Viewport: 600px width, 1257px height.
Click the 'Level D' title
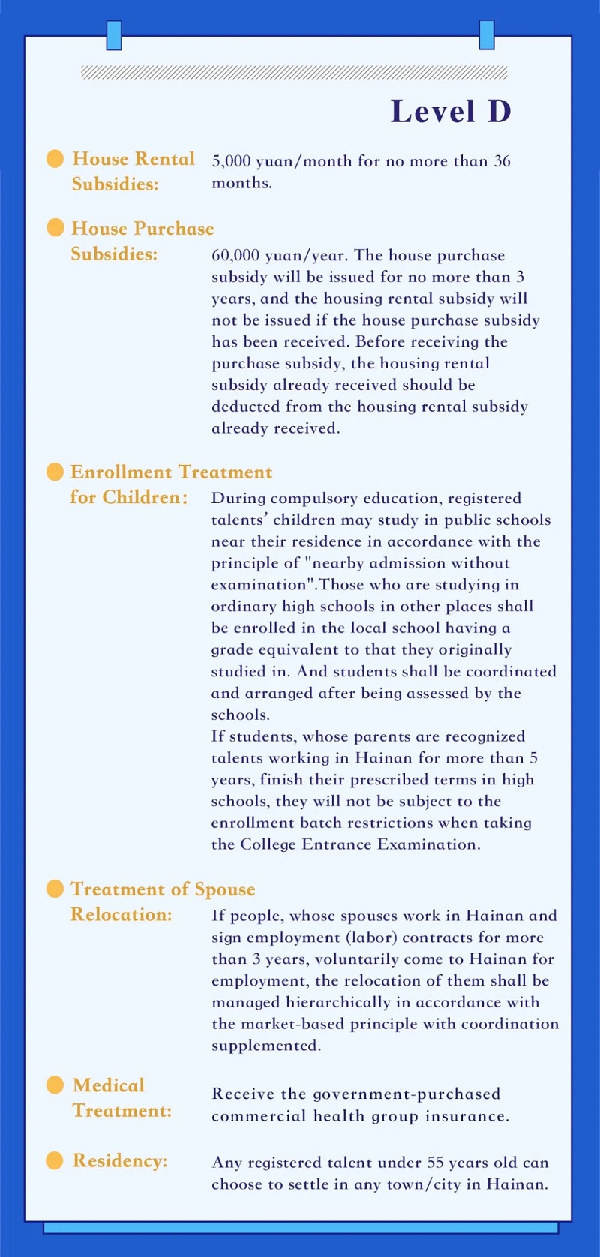coord(451,112)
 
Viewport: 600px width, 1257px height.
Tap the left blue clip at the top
coord(114,35)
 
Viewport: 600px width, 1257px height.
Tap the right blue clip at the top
coord(487,34)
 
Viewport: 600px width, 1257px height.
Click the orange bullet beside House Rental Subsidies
coord(55,159)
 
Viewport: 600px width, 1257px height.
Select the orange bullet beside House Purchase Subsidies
coord(55,228)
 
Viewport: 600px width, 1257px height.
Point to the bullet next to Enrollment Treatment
coord(55,472)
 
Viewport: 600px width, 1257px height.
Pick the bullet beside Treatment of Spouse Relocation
coord(55,889)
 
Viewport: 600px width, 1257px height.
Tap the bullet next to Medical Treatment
coord(55,1084)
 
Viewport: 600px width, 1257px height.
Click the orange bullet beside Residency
coord(55,1160)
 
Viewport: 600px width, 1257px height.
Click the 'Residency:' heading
coord(120,1161)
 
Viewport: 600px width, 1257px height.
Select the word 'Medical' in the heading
coord(109,1085)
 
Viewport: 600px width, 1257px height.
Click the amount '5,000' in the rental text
coord(232,161)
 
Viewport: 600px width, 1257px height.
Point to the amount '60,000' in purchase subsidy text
coord(235,255)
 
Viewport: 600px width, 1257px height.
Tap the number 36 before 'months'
coord(502,161)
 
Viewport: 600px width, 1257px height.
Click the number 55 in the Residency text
coord(435,1162)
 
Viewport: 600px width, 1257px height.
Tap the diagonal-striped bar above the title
coord(294,73)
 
